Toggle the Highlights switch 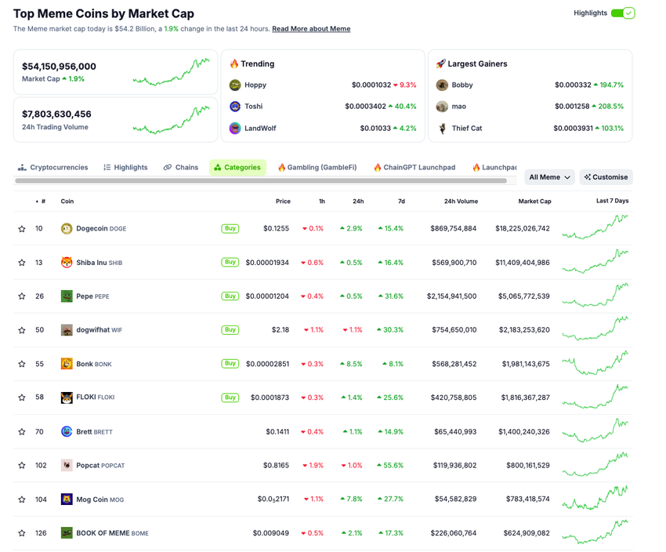623,13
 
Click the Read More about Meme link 311,29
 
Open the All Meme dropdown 549,177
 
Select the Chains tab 181,167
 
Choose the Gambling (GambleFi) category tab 317,167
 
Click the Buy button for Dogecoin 230,228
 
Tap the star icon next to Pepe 22,296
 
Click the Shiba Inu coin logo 67,263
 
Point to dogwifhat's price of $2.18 280,330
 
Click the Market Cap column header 534,202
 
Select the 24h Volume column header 461,202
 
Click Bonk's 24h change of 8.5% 351,364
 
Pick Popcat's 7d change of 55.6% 390,466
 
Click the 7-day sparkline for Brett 595,431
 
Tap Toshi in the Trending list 253,107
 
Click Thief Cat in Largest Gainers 466,129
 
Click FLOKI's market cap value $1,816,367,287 523,398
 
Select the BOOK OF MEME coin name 102,533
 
